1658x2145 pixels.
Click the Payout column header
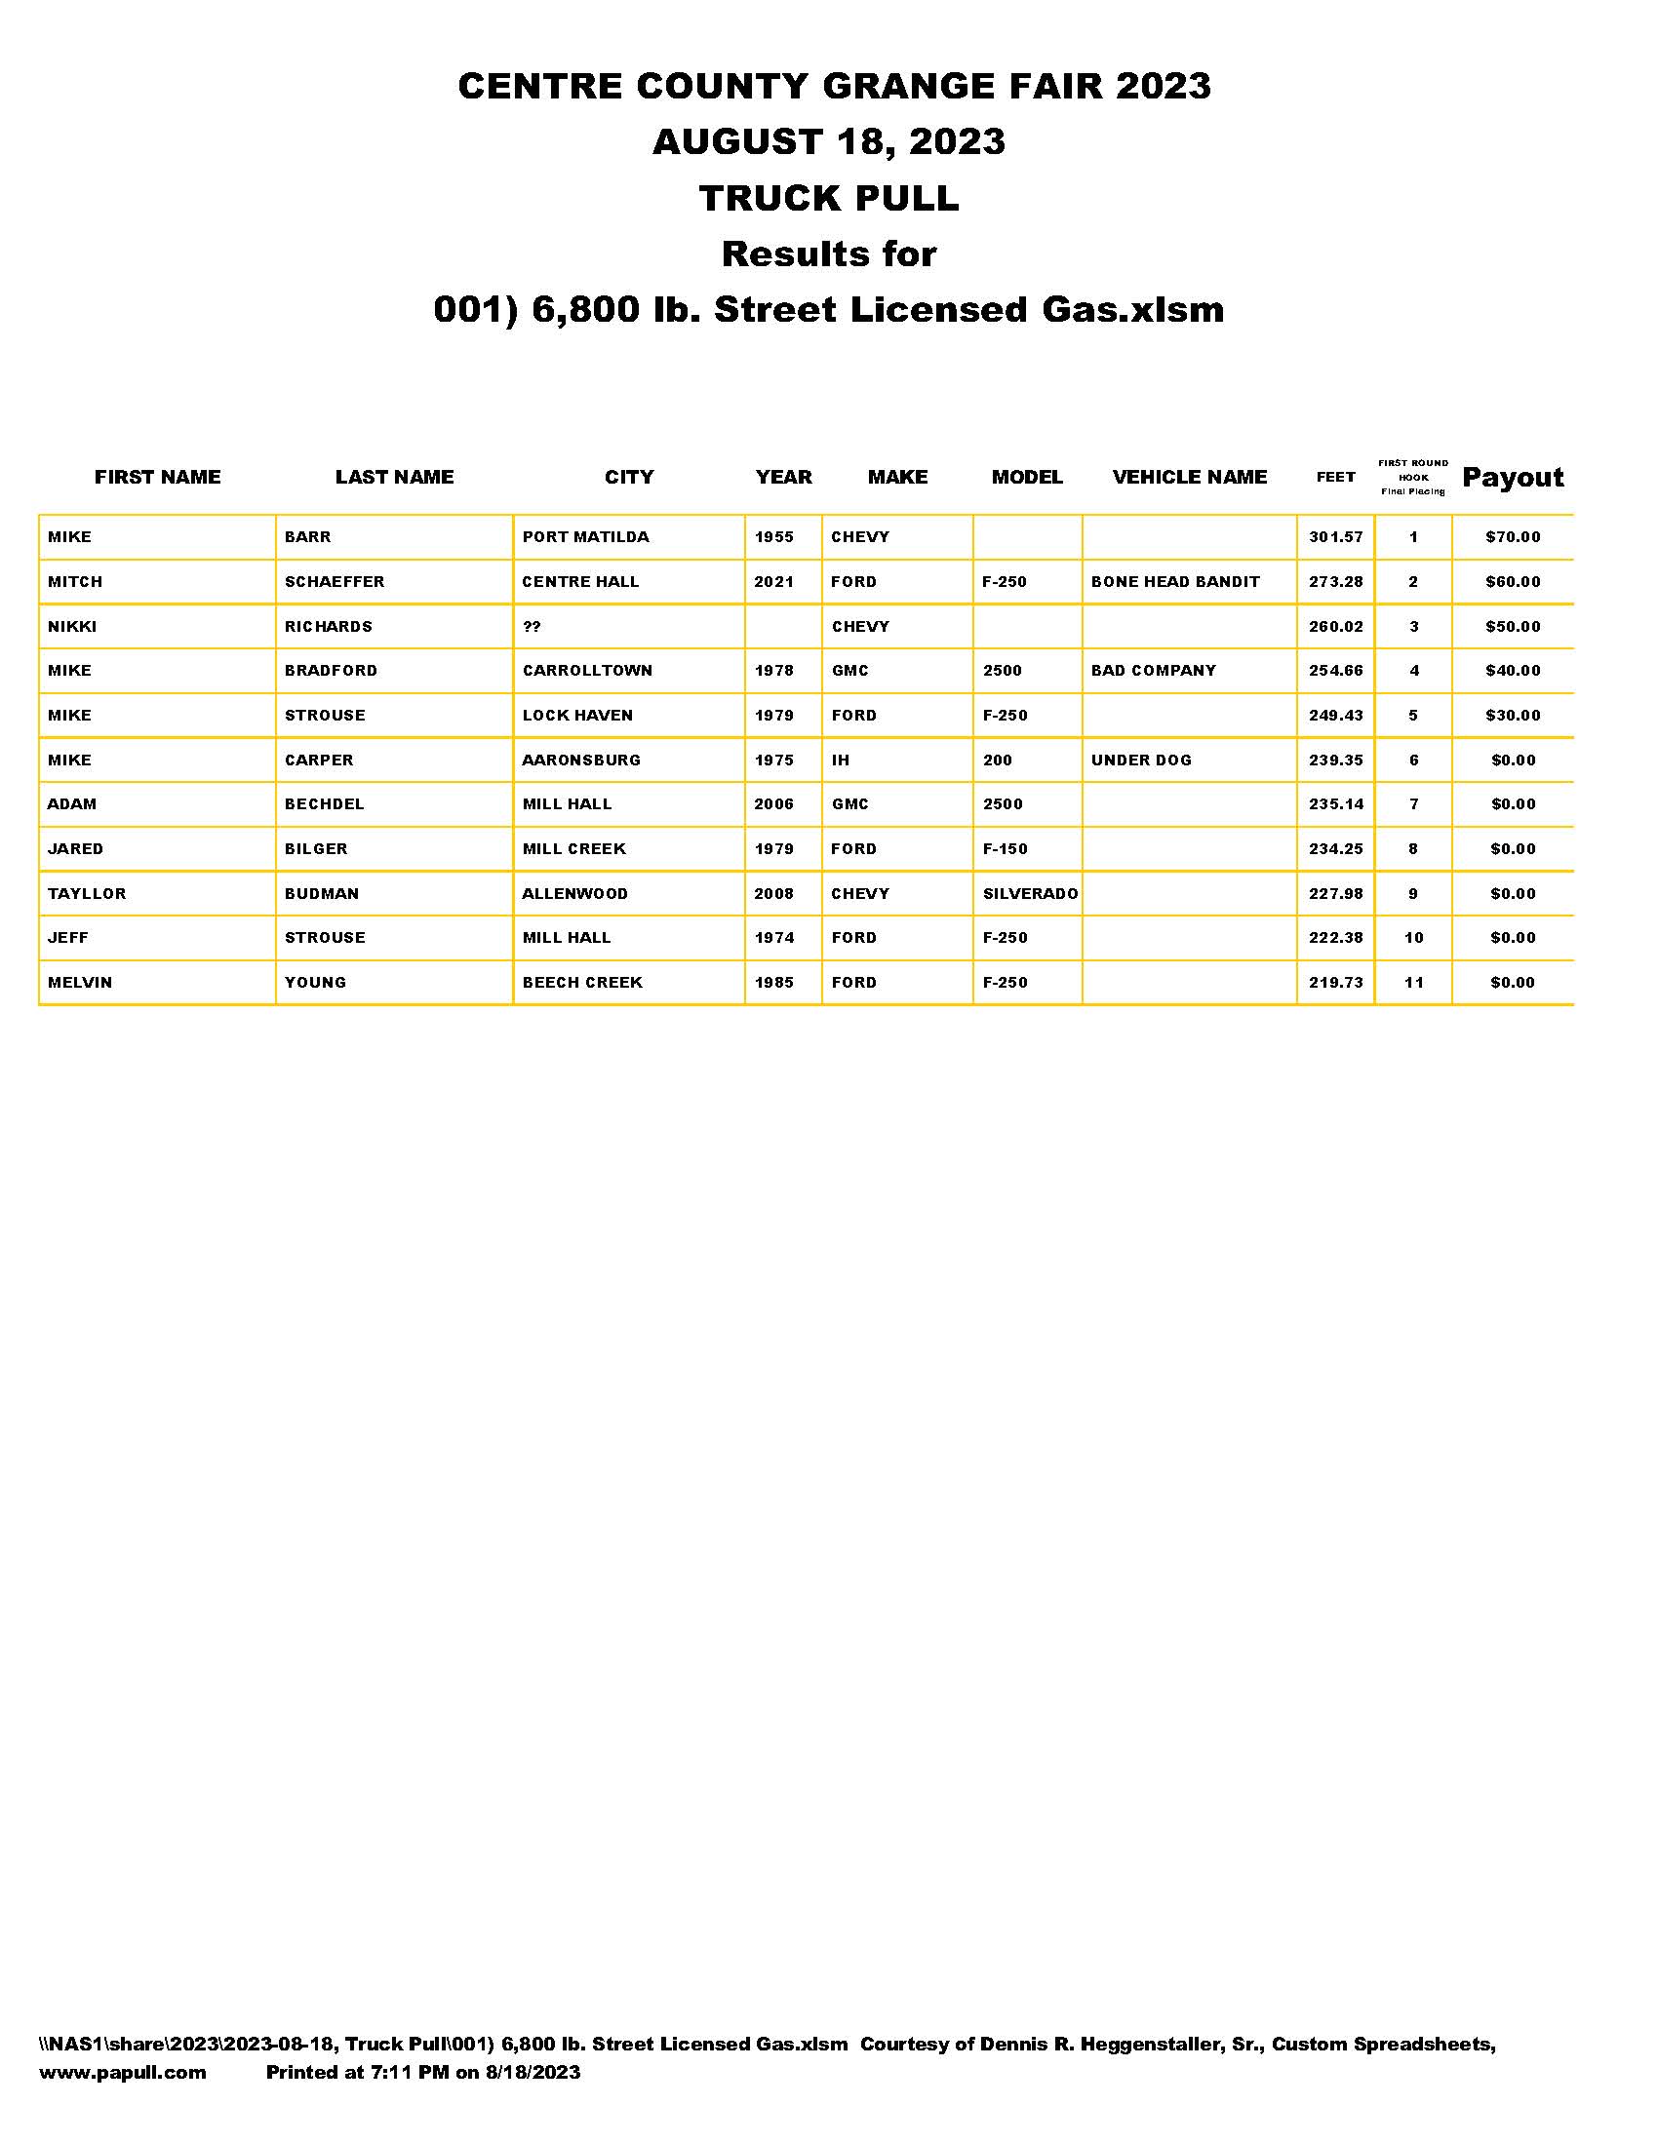[x=1512, y=478]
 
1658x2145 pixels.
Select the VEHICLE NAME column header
[x=1189, y=478]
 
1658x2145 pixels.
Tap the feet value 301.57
[x=1335, y=537]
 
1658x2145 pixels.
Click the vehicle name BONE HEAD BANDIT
[x=1175, y=581]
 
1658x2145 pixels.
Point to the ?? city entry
[x=532, y=627]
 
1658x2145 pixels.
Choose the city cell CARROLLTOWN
[x=586, y=671]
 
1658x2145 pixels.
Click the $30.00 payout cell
[x=1512, y=715]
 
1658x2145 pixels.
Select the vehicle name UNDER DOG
[x=1140, y=760]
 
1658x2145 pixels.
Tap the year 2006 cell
[x=773, y=804]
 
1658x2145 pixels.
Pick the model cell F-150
[x=1005, y=848]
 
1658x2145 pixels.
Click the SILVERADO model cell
[x=1029, y=894]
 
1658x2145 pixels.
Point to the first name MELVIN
[x=80, y=982]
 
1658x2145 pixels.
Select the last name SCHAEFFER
[x=334, y=581]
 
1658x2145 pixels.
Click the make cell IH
[x=840, y=760]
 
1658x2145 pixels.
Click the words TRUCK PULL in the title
[x=828, y=198]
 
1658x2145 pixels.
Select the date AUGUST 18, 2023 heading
[x=828, y=142]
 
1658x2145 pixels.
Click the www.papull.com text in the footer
[x=122, y=2072]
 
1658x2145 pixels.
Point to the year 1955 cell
[x=773, y=537]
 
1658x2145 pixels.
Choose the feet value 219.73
[x=1335, y=982]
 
